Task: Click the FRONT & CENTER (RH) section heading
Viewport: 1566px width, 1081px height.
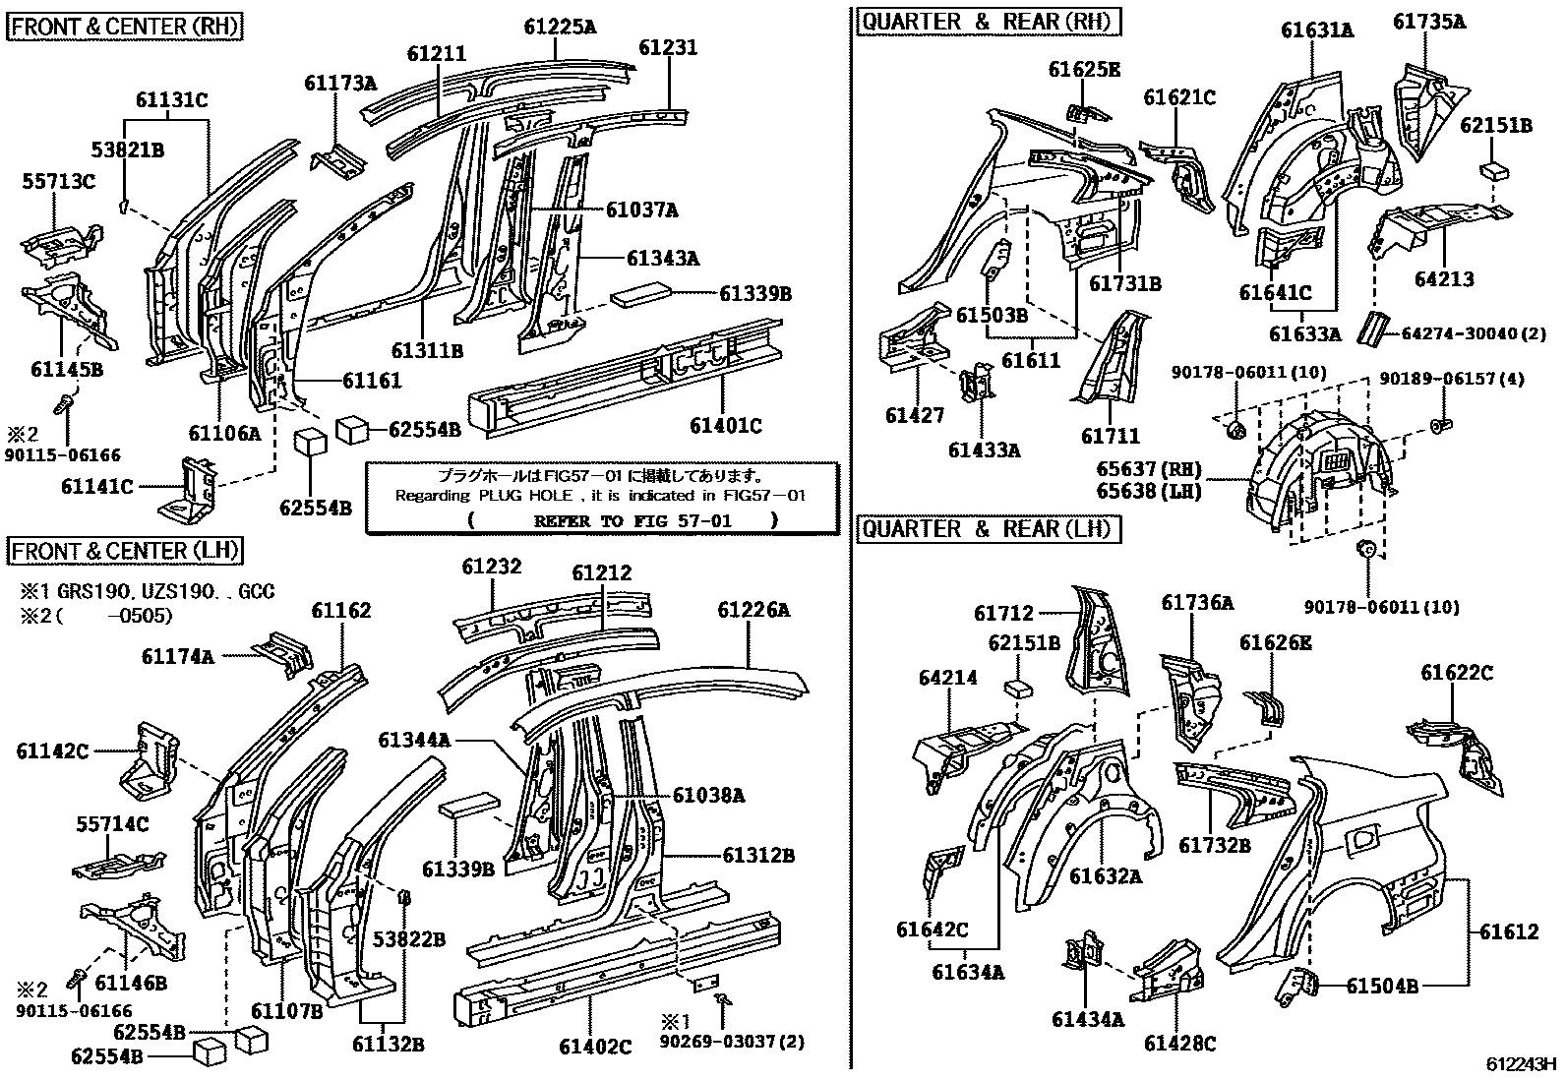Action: [x=125, y=26]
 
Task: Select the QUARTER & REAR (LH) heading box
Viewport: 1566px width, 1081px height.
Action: [x=987, y=529]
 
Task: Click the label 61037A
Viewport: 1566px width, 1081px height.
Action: [x=641, y=210]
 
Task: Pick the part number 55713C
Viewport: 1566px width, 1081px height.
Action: [x=60, y=182]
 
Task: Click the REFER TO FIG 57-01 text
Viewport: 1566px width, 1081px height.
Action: [x=632, y=520]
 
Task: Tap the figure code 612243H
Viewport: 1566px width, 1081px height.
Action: [x=1522, y=1064]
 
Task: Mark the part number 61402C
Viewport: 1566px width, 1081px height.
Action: [x=595, y=1047]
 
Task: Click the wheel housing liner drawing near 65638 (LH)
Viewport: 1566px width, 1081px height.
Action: [x=1318, y=472]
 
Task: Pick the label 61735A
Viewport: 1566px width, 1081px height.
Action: [x=1428, y=21]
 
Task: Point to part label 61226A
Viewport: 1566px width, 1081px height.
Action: [x=753, y=610]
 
